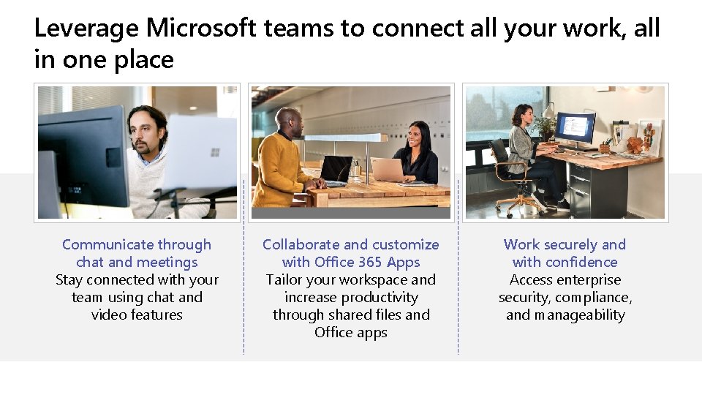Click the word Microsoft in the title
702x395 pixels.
point(201,29)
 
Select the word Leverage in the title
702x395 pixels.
point(86,29)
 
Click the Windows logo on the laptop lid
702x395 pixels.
point(214,152)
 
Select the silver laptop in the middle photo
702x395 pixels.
point(388,170)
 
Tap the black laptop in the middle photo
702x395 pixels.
point(336,170)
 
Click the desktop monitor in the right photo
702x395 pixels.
point(575,127)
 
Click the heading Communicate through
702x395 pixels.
point(137,244)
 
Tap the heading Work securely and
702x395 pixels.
point(565,244)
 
